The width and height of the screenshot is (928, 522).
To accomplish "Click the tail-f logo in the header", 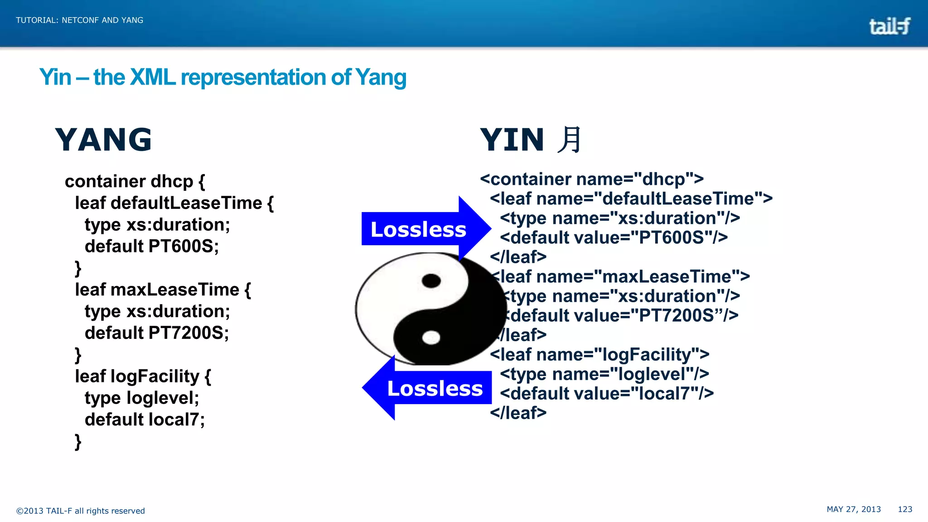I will point(889,26).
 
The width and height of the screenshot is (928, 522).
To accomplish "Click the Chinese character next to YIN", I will point(569,140).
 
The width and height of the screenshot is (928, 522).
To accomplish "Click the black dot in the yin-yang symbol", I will point(431,281).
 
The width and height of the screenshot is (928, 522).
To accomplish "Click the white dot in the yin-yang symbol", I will point(431,338).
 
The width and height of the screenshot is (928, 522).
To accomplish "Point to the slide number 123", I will point(905,509).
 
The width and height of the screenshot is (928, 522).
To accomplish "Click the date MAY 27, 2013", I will point(854,509).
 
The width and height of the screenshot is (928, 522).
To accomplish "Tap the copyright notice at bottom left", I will point(81,511).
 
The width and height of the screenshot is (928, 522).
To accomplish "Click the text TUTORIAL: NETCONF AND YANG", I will point(80,20).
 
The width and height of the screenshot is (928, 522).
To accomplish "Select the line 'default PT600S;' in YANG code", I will point(152,246).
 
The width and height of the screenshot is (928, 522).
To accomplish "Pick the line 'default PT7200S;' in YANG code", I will point(157,333).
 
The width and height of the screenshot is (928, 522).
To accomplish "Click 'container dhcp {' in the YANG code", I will point(135,181).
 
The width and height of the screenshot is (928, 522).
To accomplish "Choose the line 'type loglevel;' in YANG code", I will point(142,398).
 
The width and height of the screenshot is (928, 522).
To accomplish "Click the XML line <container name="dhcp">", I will point(592,179).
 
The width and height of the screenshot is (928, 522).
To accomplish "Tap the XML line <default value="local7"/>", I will point(607,393).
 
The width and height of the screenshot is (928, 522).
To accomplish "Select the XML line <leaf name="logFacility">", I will point(599,354).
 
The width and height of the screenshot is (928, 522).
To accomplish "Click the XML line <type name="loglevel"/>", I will point(604,374).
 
